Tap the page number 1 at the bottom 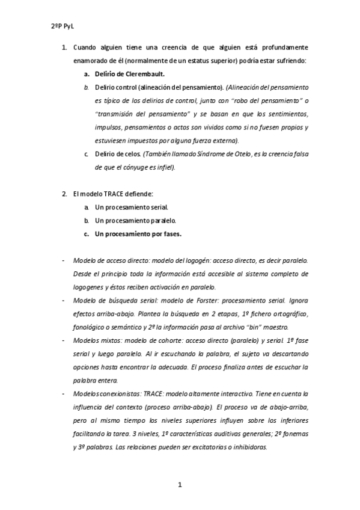tap(180, 485)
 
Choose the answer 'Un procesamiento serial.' tap(127, 207)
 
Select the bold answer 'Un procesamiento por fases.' tap(138, 233)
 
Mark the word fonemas tap(294, 434)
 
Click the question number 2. tap(64, 193)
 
